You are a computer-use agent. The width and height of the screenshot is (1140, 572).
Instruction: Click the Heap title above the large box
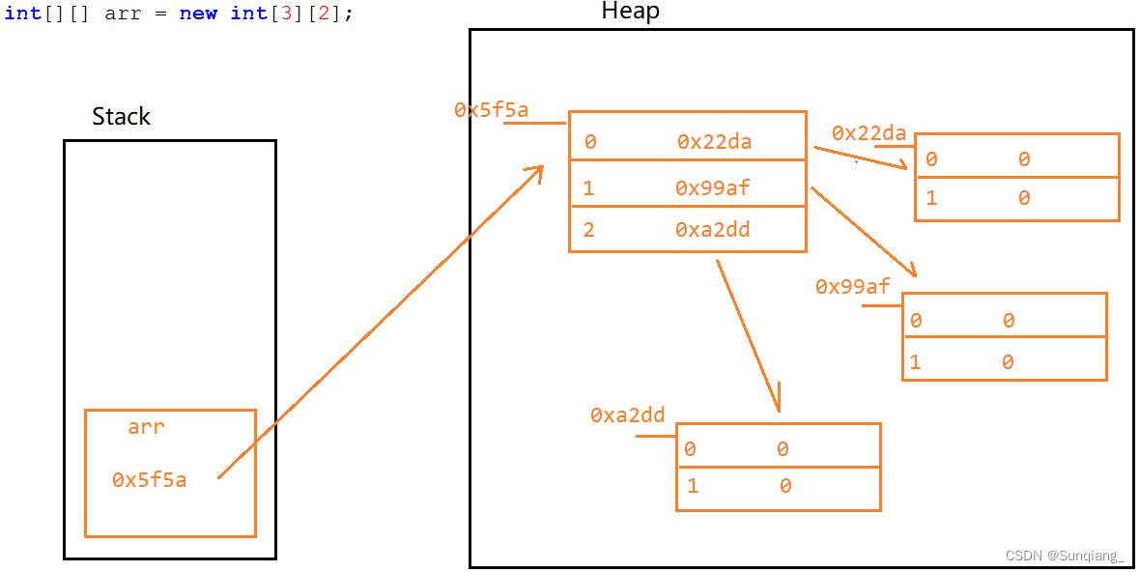[630, 12]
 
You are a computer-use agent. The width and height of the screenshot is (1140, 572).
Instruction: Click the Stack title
[121, 117]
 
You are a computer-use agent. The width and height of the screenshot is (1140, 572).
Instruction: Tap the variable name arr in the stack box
[146, 427]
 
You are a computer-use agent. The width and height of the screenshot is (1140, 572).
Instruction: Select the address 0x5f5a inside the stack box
[149, 479]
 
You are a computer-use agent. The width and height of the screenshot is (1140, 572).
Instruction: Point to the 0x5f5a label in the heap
[491, 110]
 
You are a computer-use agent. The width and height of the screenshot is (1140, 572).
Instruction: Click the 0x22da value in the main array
[714, 142]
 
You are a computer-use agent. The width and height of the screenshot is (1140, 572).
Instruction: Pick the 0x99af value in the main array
[712, 188]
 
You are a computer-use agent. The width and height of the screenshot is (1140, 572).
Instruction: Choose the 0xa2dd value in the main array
[712, 230]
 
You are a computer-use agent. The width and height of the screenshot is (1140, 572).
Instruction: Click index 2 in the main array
[589, 230]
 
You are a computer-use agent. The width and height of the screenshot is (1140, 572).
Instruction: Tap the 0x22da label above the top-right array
[869, 133]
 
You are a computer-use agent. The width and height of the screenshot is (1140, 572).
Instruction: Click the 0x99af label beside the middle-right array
[852, 287]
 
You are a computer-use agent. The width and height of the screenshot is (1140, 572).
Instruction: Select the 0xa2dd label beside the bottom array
[627, 415]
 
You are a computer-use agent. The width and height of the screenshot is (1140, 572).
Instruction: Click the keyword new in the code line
[198, 14]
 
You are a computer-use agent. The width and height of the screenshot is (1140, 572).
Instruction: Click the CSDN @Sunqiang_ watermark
[1065, 556]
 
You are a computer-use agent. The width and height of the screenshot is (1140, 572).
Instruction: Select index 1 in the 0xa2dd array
[692, 486]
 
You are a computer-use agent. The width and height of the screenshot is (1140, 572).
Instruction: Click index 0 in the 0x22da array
[931, 159]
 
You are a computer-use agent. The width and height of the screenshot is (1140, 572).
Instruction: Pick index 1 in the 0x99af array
[915, 362]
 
